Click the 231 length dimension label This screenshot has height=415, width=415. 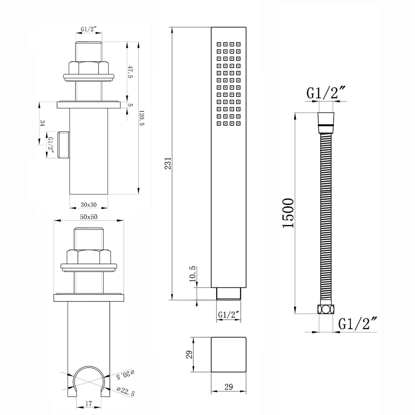(x=168, y=163)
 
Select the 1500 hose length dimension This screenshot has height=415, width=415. (x=288, y=213)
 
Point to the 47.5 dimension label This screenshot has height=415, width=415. (x=130, y=72)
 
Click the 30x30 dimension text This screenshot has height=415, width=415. (x=89, y=205)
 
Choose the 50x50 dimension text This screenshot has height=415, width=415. (x=89, y=217)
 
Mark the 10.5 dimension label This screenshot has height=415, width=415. (x=193, y=274)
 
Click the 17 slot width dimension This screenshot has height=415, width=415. (x=89, y=404)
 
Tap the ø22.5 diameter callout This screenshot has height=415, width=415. (x=126, y=391)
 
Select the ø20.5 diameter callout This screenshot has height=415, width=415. (x=126, y=374)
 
